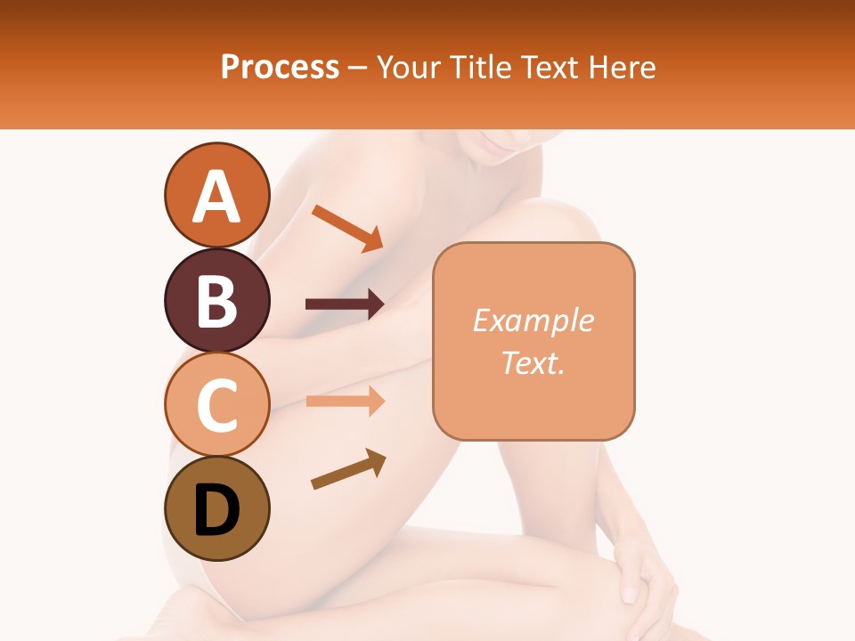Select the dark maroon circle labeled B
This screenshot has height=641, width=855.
point(216,300)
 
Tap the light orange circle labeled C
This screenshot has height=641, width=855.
point(216,404)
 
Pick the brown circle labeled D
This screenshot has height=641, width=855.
point(216,508)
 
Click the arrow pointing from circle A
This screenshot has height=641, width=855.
point(346,228)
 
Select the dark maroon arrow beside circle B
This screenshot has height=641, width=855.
point(345,304)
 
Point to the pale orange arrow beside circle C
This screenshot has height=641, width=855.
point(345,401)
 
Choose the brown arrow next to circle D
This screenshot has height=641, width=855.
point(348,469)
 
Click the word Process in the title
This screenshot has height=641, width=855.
point(280,67)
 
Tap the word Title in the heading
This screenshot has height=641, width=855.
point(480,67)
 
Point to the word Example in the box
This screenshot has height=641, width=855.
point(533,320)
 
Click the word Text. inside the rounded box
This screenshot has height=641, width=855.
point(533,362)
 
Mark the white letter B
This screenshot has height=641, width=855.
point(216,301)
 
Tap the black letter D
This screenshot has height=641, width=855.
point(216,510)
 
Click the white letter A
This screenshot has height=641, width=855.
point(216,197)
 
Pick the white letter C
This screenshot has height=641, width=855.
point(216,405)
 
